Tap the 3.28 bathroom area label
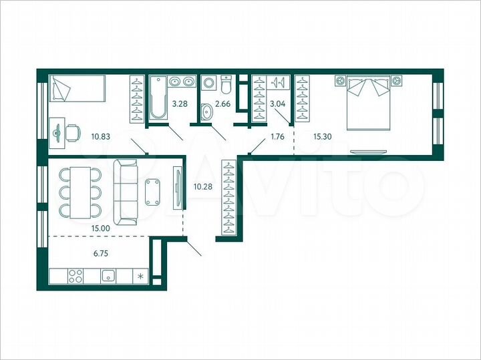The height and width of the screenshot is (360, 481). [180, 104]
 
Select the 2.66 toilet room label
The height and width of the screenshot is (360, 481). [224, 104]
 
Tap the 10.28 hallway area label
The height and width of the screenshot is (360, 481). [201, 187]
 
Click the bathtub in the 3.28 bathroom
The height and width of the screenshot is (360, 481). [158, 98]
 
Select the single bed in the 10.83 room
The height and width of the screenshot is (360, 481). [77, 88]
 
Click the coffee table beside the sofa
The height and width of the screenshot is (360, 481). [152, 192]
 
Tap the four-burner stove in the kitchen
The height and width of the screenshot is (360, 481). [75, 275]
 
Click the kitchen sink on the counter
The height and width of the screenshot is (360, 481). [108, 275]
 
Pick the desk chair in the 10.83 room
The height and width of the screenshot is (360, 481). [71, 132]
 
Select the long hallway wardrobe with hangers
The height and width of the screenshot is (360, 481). [228, 198]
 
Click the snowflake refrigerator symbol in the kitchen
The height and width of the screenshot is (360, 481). [140, 275]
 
